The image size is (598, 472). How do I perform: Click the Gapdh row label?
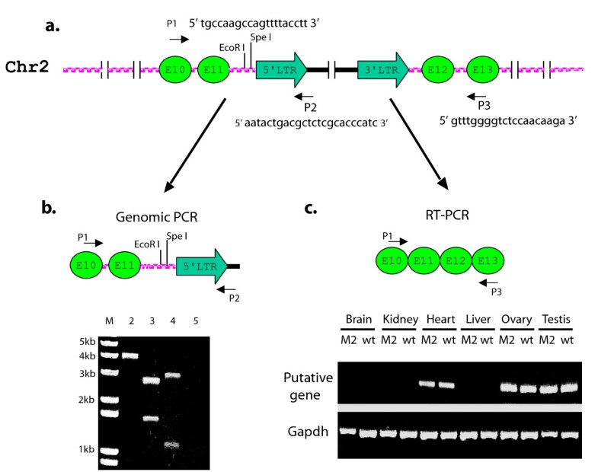tap(307, 432)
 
